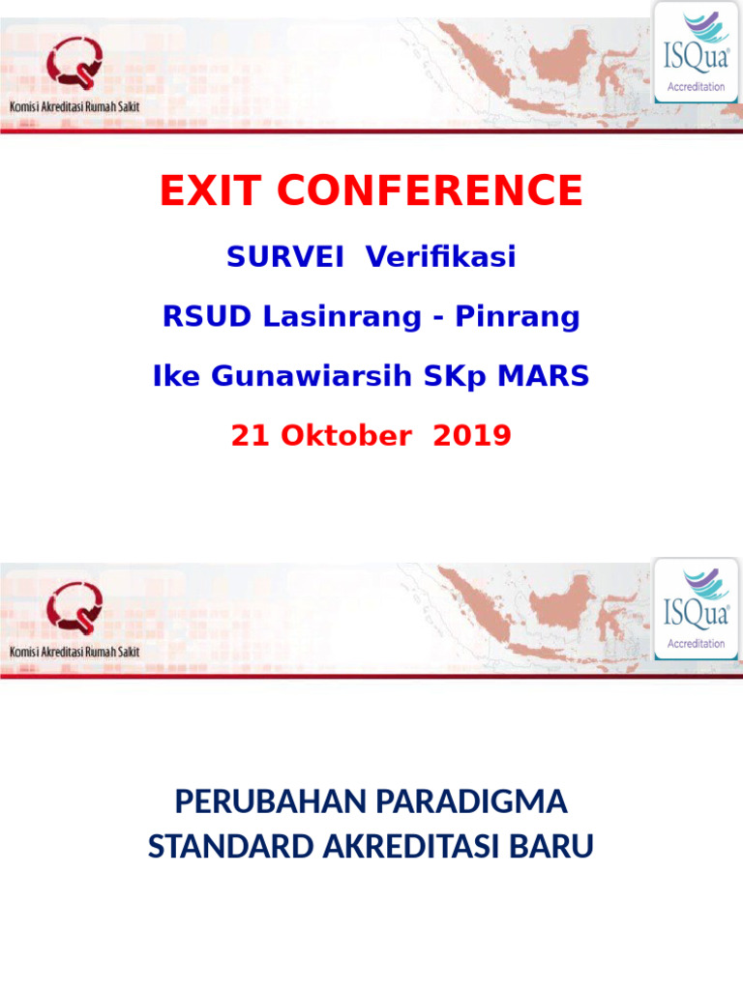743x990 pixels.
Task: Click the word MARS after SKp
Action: tap(543, 376)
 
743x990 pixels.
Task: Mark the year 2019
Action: tap(472, 436)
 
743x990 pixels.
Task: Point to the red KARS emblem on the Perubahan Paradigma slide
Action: tap(74, 613)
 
